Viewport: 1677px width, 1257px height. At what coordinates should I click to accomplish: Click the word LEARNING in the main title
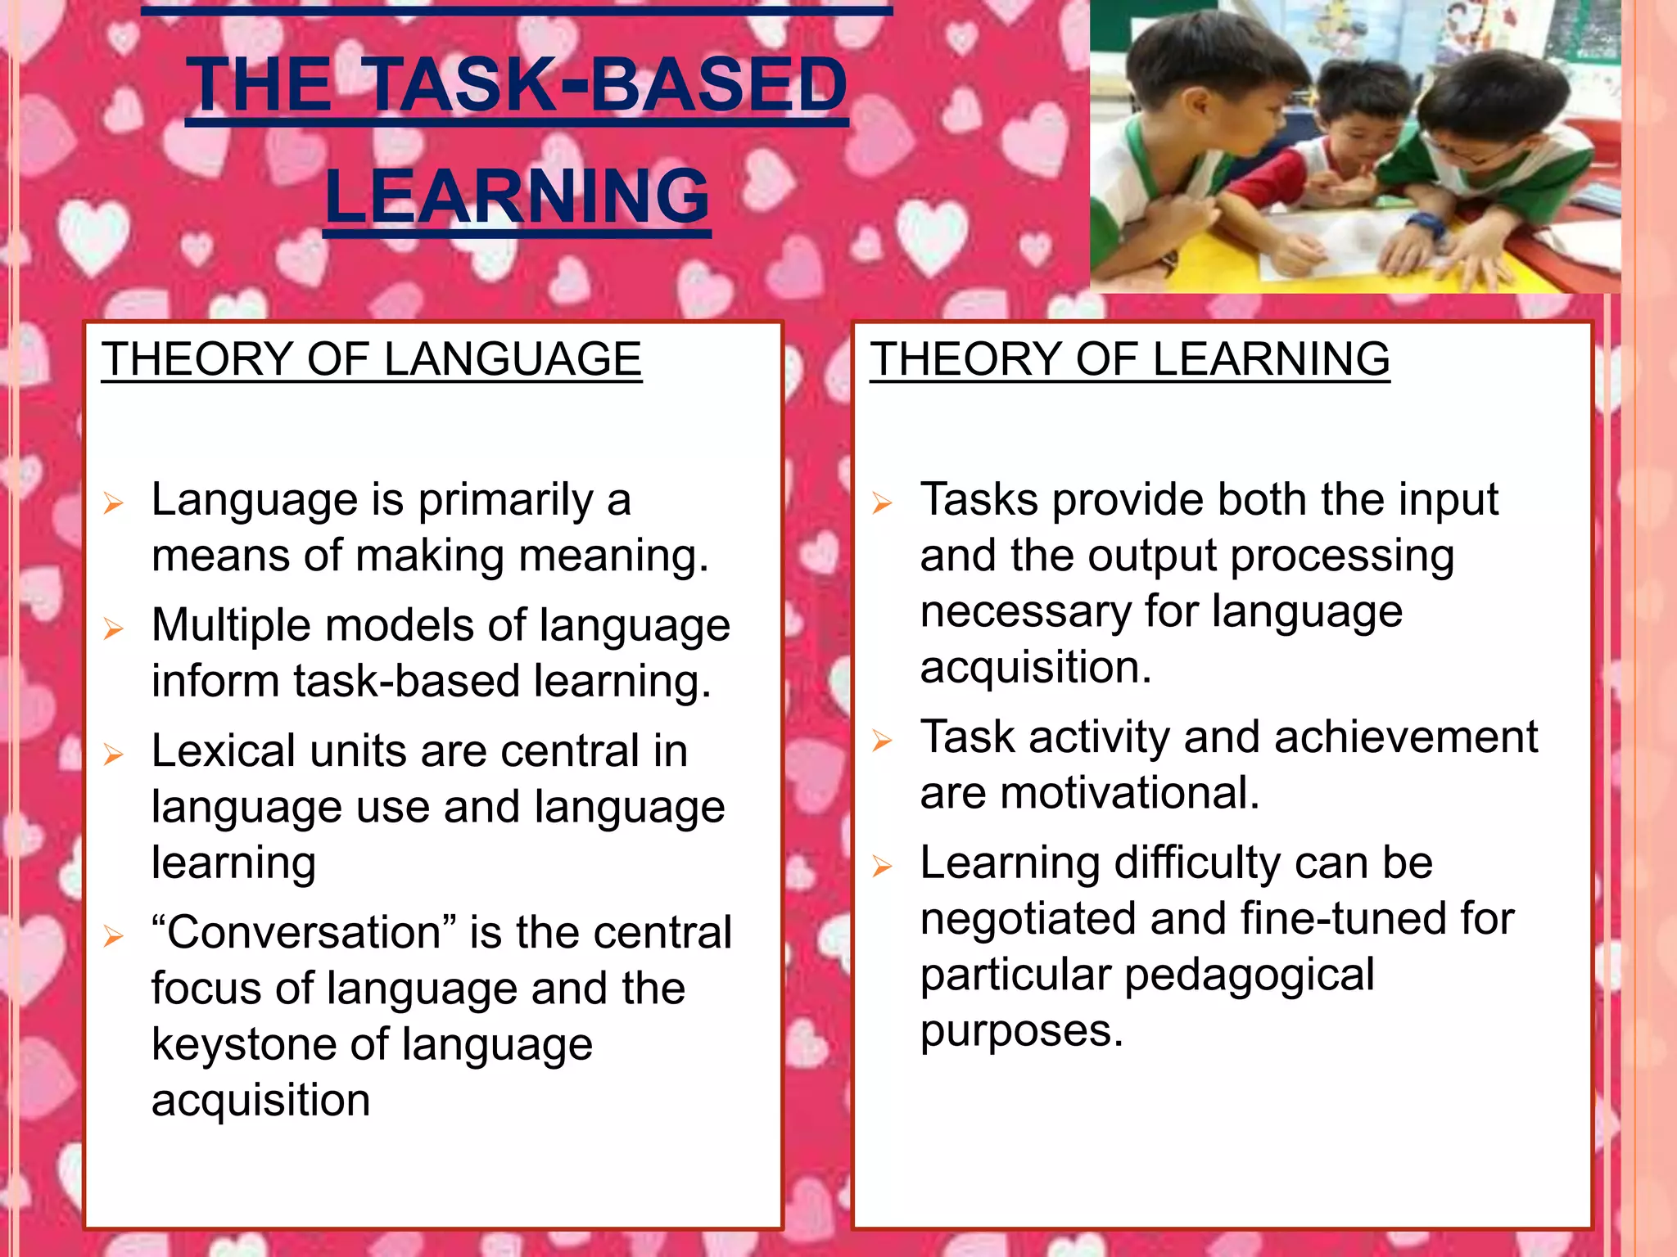coord(517,196)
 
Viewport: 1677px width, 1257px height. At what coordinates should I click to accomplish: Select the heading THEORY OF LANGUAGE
coord(372,359)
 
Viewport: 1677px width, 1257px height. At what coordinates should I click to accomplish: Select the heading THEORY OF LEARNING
coord(1129,359)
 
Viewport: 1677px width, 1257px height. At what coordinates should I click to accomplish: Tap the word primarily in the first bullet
coord(505,501)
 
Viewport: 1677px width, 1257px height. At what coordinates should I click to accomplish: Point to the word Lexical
coord(224,751)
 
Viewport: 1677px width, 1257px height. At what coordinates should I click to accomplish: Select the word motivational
coord(1129,793)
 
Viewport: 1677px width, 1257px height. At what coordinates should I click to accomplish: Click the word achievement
coord(1405,737)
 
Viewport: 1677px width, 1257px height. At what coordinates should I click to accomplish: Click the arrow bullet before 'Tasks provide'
coord(882,502)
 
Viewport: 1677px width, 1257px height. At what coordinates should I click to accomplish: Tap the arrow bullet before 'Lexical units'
coord(113,754)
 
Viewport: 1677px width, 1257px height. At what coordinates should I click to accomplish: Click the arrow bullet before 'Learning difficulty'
coord(882,866)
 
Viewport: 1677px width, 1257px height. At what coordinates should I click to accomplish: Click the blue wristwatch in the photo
coord(1426,223)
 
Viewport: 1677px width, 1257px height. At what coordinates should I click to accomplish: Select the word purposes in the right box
coord(1021,1031)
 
